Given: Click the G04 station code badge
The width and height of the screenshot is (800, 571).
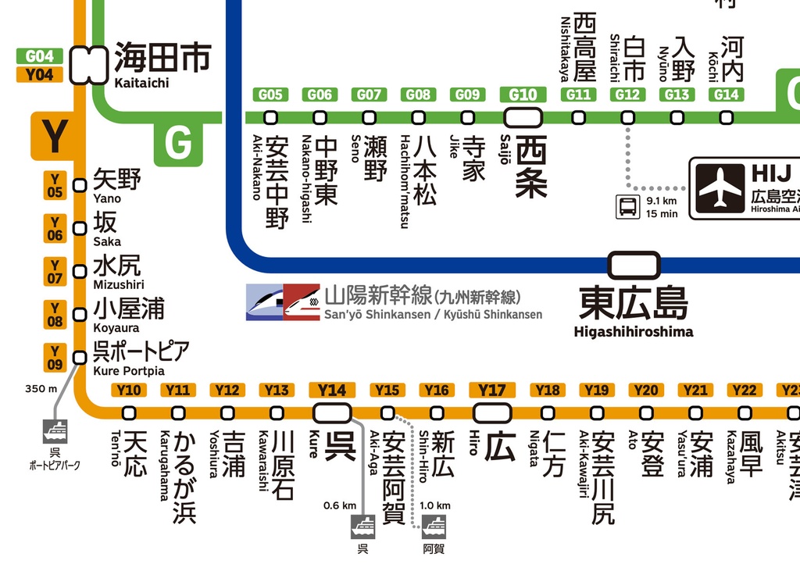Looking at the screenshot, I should tap(39, 56).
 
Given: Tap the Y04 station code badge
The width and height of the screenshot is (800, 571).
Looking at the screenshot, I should tap(39, 75).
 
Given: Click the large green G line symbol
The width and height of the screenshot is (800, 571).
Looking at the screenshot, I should tap(178, 143).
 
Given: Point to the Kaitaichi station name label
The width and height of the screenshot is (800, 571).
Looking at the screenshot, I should tap(141, 83).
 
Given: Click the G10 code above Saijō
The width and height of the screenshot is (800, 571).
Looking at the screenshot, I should tap(523, 95).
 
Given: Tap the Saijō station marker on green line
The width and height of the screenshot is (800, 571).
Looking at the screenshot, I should tap(523, 117).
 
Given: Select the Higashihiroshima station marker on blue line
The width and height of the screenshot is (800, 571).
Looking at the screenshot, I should tap(634, 264).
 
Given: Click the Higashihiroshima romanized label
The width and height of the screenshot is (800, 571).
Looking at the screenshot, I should tap(633, 331).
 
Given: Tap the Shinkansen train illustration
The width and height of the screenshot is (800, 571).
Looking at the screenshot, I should tap(282, 302).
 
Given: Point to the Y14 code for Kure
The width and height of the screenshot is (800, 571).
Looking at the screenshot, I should tap(332, 390).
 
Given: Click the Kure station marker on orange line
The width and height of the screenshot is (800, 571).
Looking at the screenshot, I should tap(332, 412).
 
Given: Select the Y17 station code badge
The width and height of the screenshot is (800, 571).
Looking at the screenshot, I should tap(492, 390).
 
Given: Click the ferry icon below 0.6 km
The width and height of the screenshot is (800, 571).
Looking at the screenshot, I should tap(362, 526).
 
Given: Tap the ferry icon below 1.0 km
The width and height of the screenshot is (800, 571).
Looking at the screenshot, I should tap(434, 526).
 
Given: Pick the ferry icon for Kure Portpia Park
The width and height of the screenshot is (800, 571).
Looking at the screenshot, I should tap(55, 430).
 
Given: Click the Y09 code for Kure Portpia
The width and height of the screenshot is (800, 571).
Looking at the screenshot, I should tap(55, 358).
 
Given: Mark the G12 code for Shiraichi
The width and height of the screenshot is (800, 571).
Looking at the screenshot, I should tap(627, 95).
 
